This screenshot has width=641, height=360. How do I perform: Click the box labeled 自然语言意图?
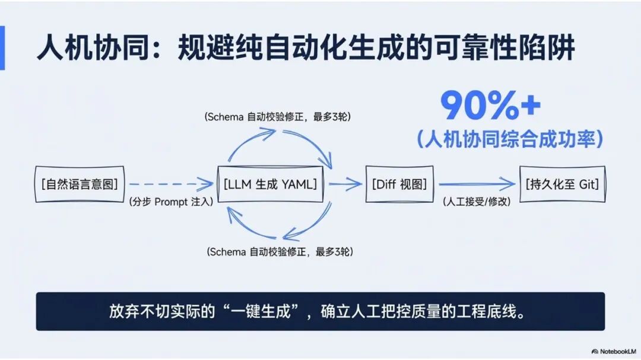(80, 184)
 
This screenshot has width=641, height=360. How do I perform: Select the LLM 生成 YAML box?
(271, 184)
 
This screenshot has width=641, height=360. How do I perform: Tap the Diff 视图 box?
(399, 184)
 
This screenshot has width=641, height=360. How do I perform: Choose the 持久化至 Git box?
(561, 184)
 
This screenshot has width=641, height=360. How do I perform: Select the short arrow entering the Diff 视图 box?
(345, 184)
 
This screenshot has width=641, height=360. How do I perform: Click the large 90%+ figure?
(490, 107)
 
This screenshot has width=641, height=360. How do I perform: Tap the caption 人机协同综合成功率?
(510, 139)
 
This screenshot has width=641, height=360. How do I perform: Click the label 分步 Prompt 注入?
(171, 202)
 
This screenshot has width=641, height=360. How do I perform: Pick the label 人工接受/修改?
(477, 202)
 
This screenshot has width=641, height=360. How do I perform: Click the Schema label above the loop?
(278, 117)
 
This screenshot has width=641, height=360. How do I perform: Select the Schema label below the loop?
(280, 252)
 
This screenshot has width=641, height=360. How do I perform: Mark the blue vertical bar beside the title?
(2, 47)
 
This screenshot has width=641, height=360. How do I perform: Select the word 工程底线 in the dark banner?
(487, 311)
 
